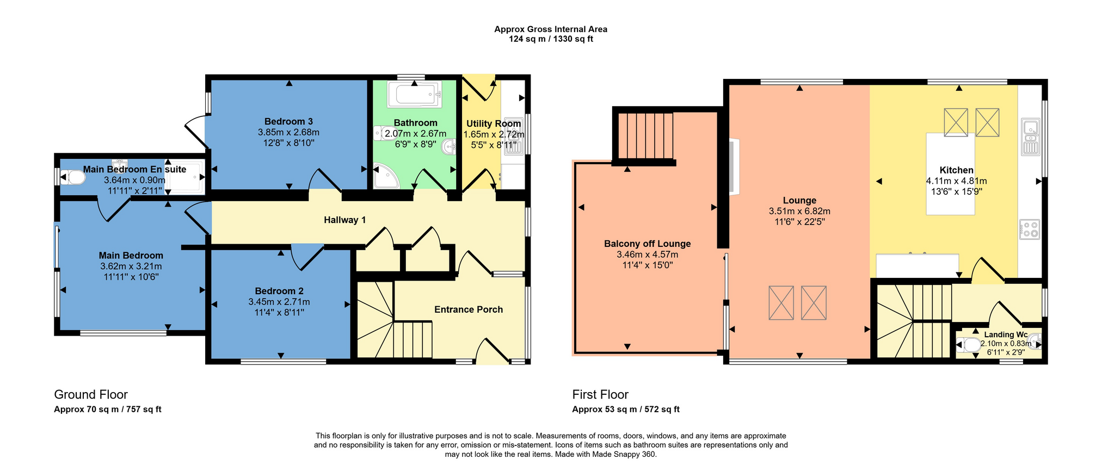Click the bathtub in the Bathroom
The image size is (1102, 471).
click(414, 95)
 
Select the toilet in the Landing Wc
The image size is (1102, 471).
click(968, 345)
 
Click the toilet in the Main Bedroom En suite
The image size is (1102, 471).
click(73, 177)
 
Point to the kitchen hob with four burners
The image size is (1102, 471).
click(1030, 230)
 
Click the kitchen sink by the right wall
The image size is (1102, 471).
click(1031, 137)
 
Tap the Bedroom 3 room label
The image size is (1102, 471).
click(288, 121)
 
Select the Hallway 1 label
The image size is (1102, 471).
click(344, 220)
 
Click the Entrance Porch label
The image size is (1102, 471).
click(469, 309)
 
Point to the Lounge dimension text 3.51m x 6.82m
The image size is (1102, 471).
click(799, 211)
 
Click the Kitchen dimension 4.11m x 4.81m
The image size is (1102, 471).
click(956, 181)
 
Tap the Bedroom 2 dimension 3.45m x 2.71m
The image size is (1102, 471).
click(279, 302)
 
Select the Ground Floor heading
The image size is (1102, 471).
click(91, 395)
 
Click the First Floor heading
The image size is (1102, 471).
click(600, 395)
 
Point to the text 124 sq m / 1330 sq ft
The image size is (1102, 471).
click(551, 39)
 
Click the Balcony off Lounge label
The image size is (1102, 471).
click(647, 244)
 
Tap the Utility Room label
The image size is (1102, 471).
click(494, 123)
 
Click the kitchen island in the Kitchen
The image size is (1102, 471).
click(951, 174)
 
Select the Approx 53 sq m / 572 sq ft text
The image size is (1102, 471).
click(626, 410)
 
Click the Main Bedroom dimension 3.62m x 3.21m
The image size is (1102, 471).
click(131, 267)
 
